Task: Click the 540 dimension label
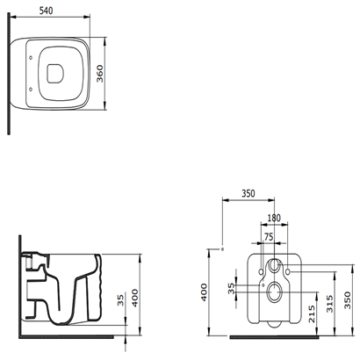[x=46, y=11]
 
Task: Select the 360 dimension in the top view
[x=100, y=74]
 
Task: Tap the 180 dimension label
[x=274, y=218]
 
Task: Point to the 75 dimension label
[x=269, y=237]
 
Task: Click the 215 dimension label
[x=312, y=314]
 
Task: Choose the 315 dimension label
[x=330, y=304]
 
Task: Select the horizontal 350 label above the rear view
[x=248, y=193]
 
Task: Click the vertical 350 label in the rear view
[x=348, y=300]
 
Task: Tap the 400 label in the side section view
[x=135, y=298]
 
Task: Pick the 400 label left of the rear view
[x=204, y=292]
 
